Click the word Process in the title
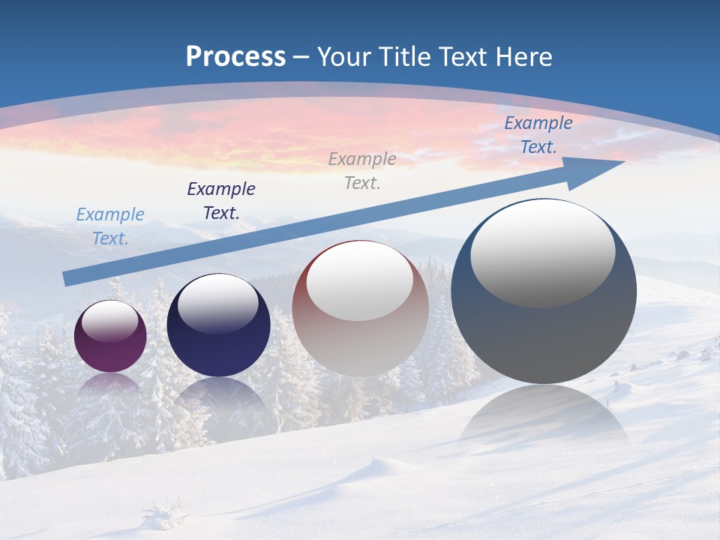(235, 57)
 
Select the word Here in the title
(523, 57)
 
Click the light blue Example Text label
(110, 226)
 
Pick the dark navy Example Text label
(221, 201)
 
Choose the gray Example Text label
(362, 171)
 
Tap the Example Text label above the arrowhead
(538, 135)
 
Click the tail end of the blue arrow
(69, 278)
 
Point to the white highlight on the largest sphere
(542, 253)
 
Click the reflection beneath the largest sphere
(544, 416)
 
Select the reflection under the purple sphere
(110, 385)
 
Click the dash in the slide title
(301, 57)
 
